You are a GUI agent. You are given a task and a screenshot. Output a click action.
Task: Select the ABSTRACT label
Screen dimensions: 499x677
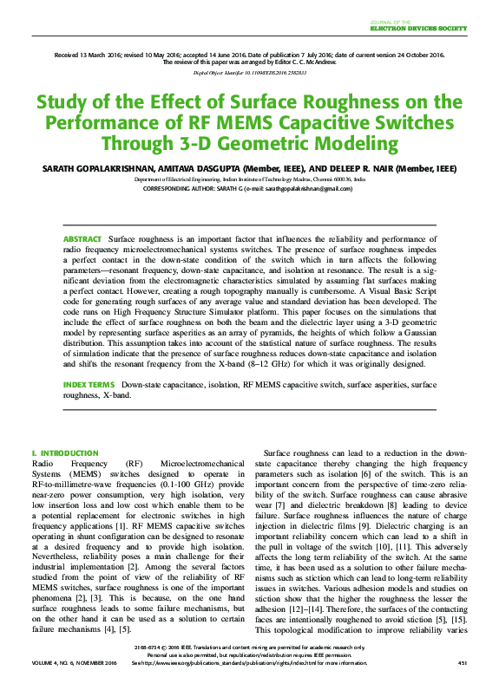click(x=82, y=238)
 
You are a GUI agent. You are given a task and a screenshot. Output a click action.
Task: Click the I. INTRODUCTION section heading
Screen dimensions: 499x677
click(x=64, y=452)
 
